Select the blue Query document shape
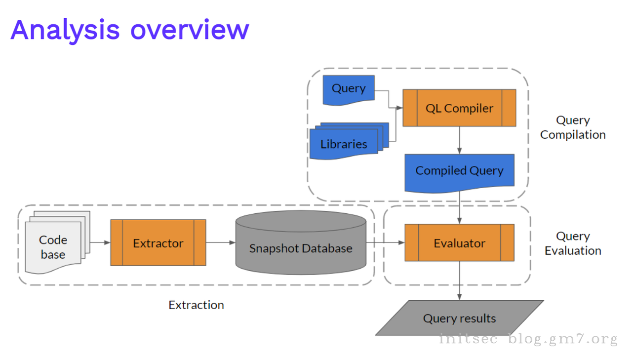(349, 89)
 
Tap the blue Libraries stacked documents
(344, 144)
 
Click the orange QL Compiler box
(459, 108)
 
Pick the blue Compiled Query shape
(459, 171)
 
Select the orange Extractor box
(158, 243)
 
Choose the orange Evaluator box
(459, 243)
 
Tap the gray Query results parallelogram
(459, 319)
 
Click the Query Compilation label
(573, 127)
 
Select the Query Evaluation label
(573, 243)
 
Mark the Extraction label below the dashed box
(196, 305)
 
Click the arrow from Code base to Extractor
(100, 242)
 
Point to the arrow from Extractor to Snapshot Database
(220, 242)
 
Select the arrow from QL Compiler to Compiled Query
(460, 140)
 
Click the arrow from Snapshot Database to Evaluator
(385, 242)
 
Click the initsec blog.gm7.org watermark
(528, 339)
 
